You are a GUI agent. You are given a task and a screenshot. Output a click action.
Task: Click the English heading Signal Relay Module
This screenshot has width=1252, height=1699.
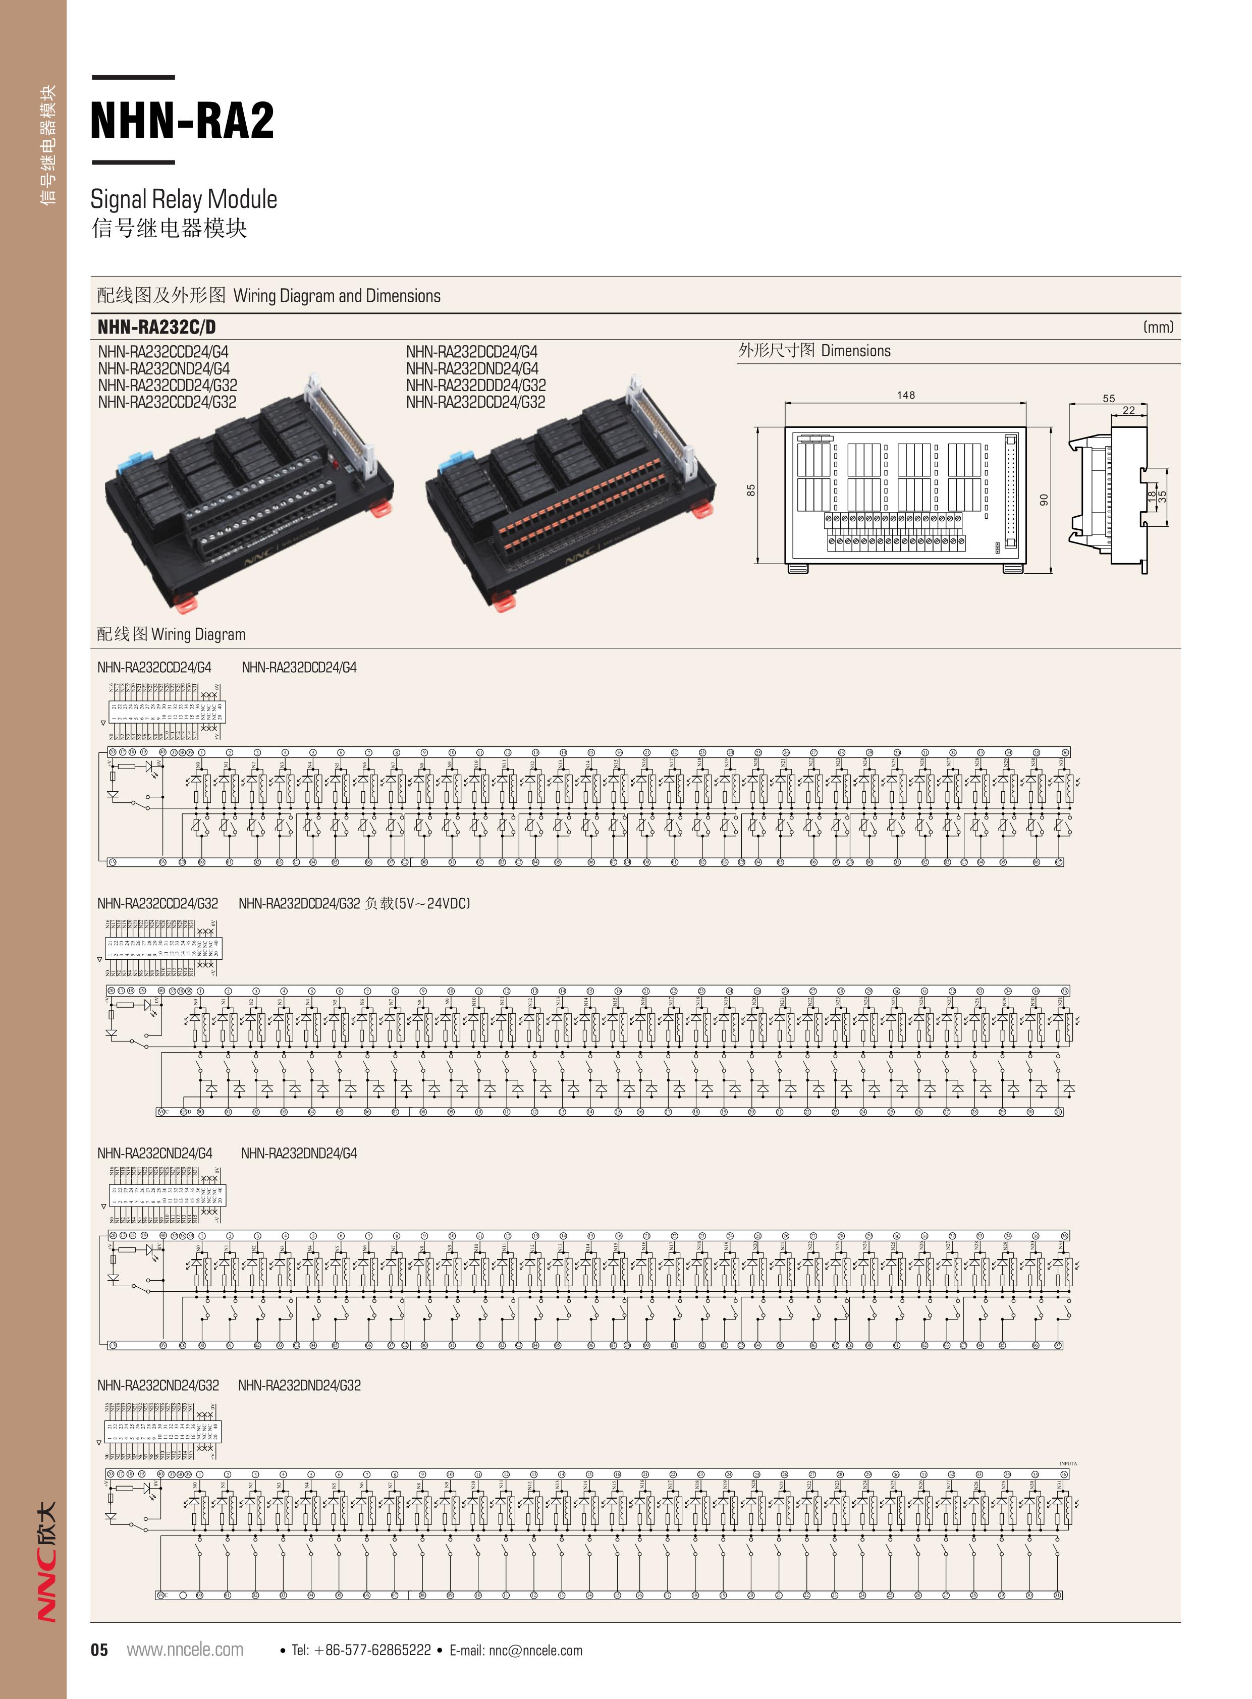183,199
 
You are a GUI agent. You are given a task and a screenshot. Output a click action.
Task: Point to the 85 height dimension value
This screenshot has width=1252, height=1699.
751,490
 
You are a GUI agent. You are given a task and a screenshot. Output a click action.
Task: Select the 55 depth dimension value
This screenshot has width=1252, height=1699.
1109,398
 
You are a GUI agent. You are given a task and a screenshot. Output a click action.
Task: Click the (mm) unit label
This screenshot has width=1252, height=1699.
1157,327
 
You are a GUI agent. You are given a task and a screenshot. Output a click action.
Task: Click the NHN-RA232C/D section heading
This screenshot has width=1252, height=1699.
156,327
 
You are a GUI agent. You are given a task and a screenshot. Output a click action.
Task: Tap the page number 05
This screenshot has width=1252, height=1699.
99,1650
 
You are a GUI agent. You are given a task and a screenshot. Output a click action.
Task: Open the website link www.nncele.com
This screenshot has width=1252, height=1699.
185,1650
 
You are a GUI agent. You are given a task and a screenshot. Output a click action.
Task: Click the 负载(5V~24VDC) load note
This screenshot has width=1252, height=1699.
418,903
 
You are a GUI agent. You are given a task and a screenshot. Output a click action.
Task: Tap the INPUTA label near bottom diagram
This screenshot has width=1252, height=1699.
1067,1463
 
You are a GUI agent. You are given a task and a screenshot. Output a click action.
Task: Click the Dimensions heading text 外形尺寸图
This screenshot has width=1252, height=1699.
776,351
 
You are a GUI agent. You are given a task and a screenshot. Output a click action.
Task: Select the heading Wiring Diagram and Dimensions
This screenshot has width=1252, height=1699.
337,296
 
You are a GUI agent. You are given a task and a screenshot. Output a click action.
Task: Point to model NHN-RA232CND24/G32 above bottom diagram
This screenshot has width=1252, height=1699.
157,1385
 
